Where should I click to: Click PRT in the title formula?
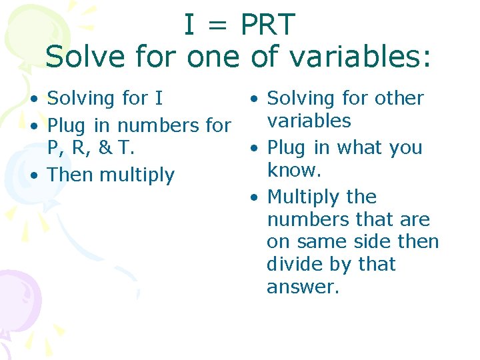tap(267, 25)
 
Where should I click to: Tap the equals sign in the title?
tap(219, 26)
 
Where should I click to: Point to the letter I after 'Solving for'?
tap(158, 99)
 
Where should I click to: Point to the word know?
tap(294, 170)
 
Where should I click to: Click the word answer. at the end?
tap(303, 287)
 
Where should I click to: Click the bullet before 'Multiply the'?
tap(253, 198)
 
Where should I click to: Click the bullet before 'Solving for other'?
tap(253, 99)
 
